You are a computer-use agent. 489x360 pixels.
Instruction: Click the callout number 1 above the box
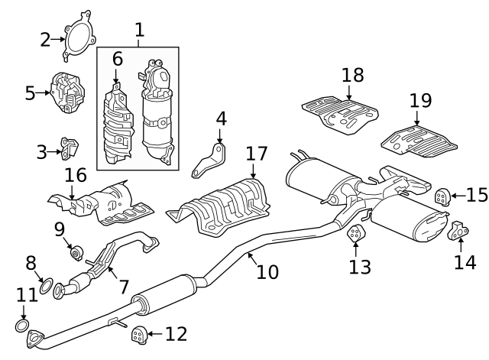pyautogui.click(x=140, y=31)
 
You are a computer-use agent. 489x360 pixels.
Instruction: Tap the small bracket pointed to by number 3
pyautogui.click(x=70, y=148)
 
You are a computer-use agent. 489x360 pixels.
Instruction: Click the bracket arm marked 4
pyautogui.click(x=209, y=161)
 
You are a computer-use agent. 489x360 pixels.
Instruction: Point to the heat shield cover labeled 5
pyautogui.click(x=67, y=92)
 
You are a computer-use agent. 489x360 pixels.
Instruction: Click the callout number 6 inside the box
pyautogui.click(x=117, y=59)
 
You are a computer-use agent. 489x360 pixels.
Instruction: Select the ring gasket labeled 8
pyautogui.click(x=46, y=285)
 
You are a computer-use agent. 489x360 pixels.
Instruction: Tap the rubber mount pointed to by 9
pyautogui.click(x=76, y=253)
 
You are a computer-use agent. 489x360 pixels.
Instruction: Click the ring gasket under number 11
pyautogui.click(x=22, y=326)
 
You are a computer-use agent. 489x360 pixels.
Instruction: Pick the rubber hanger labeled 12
pyautogui.click(x=139, y=336)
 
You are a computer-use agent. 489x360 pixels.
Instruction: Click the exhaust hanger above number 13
pyautogui.click(x=356, y=233)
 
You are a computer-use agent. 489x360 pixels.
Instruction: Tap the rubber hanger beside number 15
pyautogui.click(x=443, y=197)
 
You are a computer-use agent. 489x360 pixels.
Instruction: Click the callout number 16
pyautogui.click(x=75, y=175)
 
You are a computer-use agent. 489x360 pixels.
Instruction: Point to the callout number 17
pyautogui.click(x=257, y=154)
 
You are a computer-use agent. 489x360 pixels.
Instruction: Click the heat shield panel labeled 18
pyautogui.click(x=340, y=115)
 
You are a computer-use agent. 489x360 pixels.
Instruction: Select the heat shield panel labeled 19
pyautogui.click(x=419, y=141)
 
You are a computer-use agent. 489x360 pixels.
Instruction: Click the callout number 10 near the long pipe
pyautogui.click(x=267, y=271)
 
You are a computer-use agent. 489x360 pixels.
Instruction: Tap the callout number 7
pyautogui.click(x=124, y=287)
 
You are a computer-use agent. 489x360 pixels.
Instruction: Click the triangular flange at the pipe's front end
pyautogui.click(x=35, y=339)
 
